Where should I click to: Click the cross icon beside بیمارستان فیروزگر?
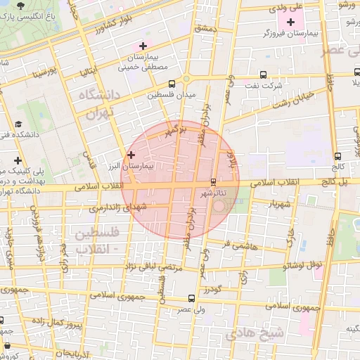click(290, 22)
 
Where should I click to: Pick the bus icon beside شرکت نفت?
click(263, 74)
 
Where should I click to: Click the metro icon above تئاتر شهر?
click(213, 181)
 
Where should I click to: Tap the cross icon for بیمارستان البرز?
click(131, 154)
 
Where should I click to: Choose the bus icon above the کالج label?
click(337, 156)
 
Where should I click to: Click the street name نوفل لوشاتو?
click(302, 265)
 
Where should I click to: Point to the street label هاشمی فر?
click(240, 245)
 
